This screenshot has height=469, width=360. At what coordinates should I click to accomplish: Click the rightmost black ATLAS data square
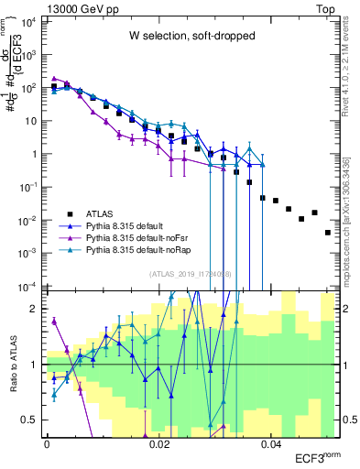[x=328, y=233]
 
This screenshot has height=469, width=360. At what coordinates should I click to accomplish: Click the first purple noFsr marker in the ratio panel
[x=53, y=322]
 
